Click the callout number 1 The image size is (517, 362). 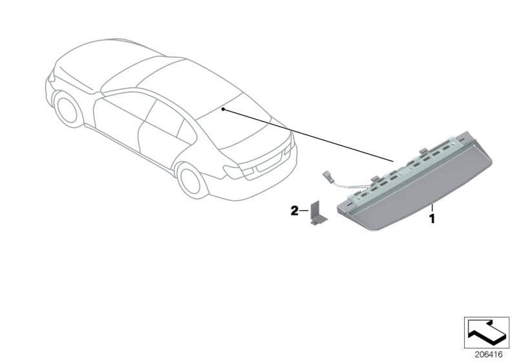(x=432, y=218)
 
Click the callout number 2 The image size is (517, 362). (x=294, y=211)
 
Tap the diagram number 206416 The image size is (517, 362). (x=489, y=355)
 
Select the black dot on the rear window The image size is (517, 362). (x=223, y=109)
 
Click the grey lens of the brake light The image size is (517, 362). (x=419, y=195)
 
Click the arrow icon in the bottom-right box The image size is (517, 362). (x=487, y=332)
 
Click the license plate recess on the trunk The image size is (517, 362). (x=269, y=163)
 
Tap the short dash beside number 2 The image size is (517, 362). (x=304, y=211)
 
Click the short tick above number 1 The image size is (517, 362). (x=432, y=208)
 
